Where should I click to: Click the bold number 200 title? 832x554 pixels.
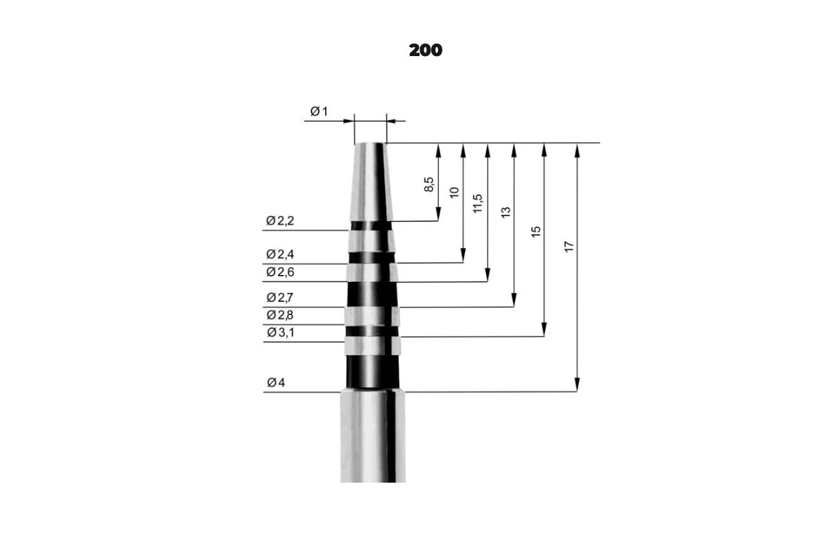(426, 50)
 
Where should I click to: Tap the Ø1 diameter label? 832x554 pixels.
(319, 111)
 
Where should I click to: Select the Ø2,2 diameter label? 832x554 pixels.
(280, 221)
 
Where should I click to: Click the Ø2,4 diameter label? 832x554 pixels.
(280, 254)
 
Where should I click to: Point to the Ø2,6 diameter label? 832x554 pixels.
(280, 272)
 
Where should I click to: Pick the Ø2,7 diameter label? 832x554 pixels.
(280, 297)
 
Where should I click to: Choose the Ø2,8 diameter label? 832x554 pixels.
(280, 315)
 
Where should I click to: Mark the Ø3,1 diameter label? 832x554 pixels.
(280, 332)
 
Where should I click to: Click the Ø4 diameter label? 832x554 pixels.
(276, 382)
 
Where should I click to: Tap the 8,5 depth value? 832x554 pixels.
(428, 184)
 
